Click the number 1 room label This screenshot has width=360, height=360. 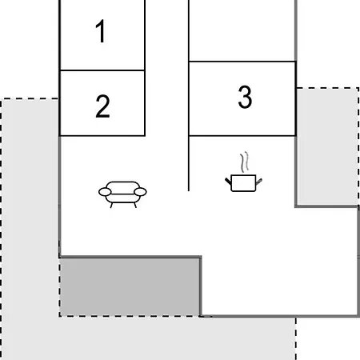(x=101, y=31)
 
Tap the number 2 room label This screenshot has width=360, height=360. (x=102, y=106)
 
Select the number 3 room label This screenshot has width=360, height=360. (x=245, y=97)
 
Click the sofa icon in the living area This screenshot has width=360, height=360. (x=122, y=194)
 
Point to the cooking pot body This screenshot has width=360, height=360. (x=243, y=183)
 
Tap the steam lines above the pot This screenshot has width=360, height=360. (x=245, y=162)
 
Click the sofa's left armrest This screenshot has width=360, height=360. (x=105, y=192)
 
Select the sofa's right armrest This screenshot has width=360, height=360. (x=140, y=192)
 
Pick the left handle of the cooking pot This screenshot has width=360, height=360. (x=228, y=181)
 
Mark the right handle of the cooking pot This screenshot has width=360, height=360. (x=259, y=182)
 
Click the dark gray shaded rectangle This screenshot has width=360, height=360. (x=130, y=287)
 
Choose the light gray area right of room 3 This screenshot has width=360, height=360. (x=327, y=147)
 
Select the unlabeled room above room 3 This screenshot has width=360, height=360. (x=242, y=30)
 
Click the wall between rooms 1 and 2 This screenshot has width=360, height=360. (x=102, y=70)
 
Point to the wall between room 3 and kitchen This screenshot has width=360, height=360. (x=242, y=136)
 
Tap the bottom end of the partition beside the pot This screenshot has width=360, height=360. (x=189, y=190)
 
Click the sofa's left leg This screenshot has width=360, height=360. (x=112, y=205)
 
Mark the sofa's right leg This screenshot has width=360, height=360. (x=135, y=205)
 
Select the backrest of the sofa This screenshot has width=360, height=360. (x=122, y=185)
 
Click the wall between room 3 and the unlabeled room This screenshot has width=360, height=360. (x=242, y=62)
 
